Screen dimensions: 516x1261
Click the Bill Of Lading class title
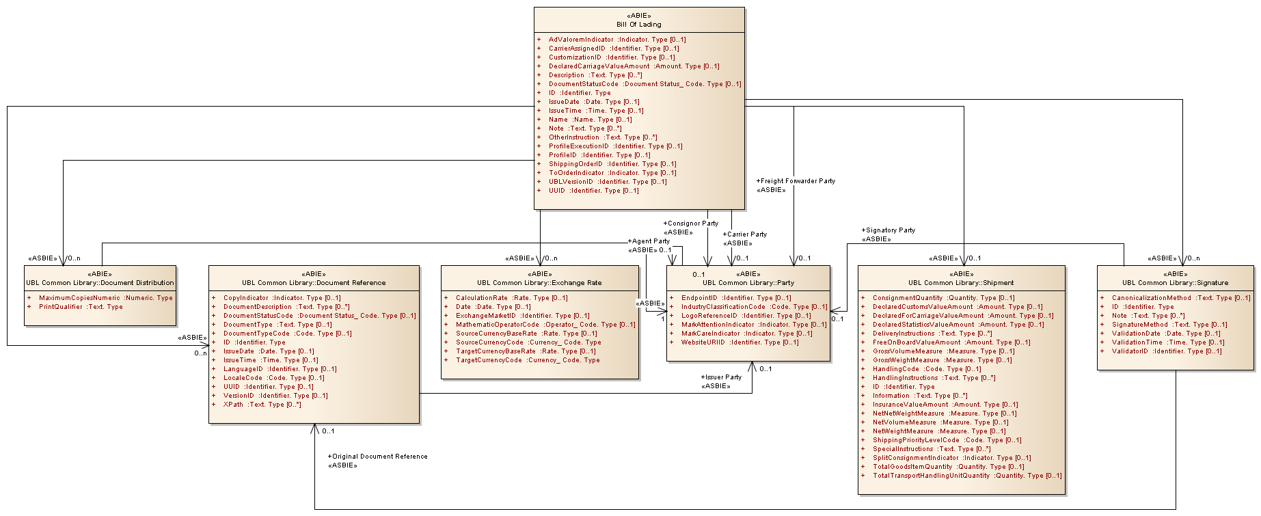point(639,24)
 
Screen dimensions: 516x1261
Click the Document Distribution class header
point(100,282)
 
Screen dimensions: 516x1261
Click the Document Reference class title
point(314,282)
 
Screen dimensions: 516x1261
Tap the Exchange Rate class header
point(539,282)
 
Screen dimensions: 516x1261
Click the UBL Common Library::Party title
point(748,282)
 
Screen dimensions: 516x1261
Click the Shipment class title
point(961,282)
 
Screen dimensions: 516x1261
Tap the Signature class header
point(1175,282)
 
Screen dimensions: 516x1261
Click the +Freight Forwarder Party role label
point(796,181)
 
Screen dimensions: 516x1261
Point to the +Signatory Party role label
point(889,230)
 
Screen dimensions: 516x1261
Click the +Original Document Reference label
point(378,457)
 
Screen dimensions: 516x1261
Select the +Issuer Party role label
point(721,377)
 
